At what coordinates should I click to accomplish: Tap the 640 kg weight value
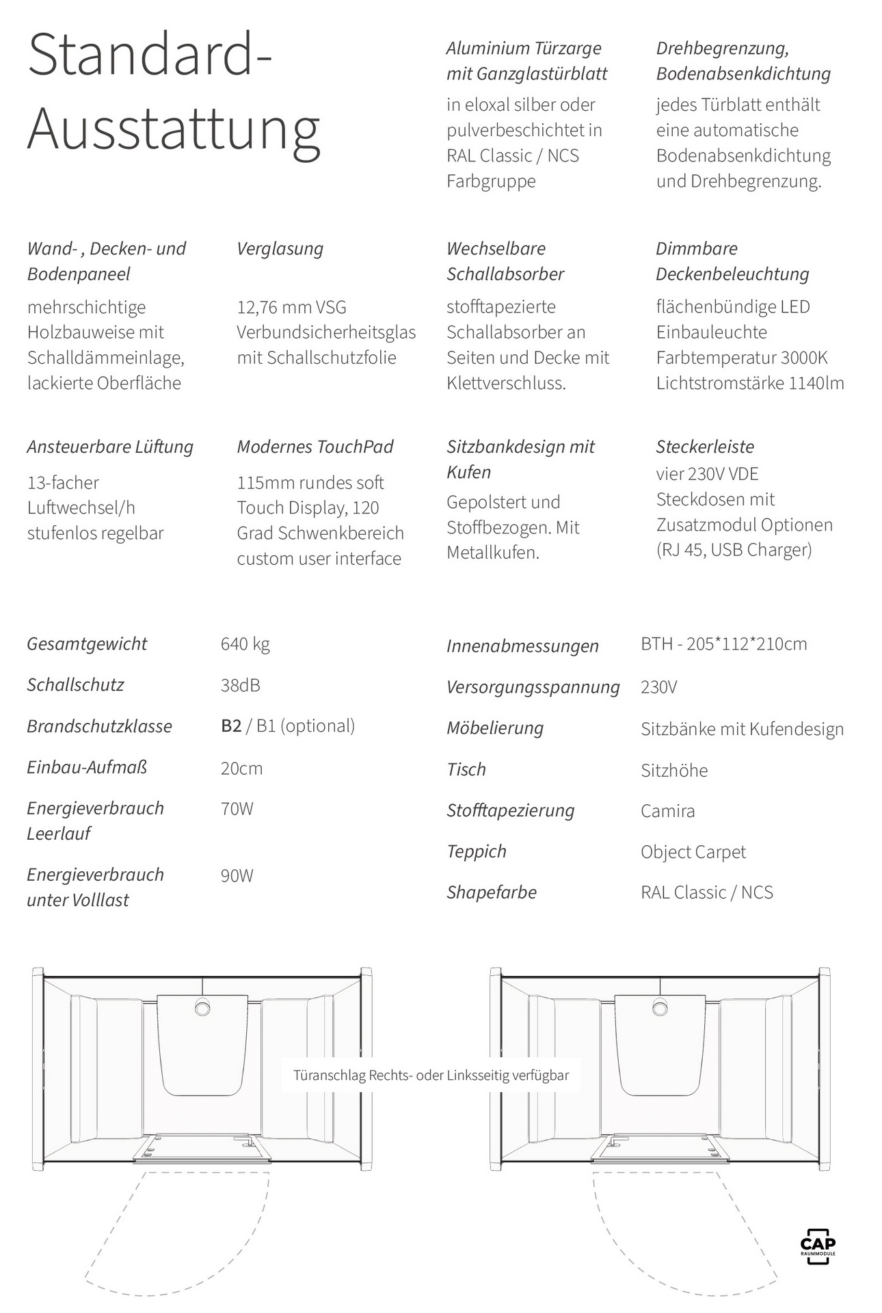tap(245, 644)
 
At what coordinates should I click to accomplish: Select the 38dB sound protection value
tap(240, 685)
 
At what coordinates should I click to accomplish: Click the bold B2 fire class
tap(231, 726)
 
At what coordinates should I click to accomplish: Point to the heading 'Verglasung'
tap(280, 249)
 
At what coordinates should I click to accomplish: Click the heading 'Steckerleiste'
tap(705, 447)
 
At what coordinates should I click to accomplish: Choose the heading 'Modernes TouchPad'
tap(315, 447)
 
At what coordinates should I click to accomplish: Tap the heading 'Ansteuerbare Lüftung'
tap(110, 447)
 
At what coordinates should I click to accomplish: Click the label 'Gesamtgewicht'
tap(87, 644)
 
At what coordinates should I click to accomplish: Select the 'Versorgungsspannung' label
tap(533, 687)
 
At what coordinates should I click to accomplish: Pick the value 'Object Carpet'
tap(693, 852)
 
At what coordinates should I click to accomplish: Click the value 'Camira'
tap(667, 811)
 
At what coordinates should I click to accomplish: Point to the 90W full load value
tap(237, 876)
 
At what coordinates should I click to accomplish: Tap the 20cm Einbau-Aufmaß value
tap(241, 769)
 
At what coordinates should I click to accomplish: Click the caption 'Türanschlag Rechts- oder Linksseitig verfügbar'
tap(431, 1076)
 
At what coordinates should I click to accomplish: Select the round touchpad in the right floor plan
tap(660, 1007)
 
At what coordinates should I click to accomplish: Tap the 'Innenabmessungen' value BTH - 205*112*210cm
tap(723, 644)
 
